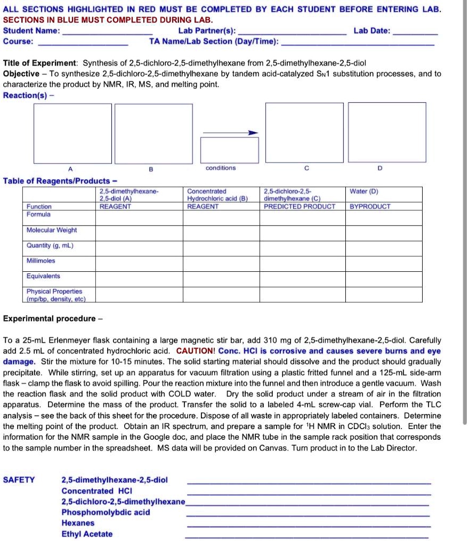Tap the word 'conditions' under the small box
coord(221,168)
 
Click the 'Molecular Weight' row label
coord(52,230)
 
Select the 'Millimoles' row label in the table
coord(41,261)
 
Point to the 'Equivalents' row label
coord(44,276)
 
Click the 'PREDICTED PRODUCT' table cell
coord(300,206)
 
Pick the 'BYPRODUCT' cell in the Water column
coord(370,206)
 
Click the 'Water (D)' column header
coord(364,191)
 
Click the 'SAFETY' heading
coord(19,480)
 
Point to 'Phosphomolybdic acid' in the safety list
coord(106,512)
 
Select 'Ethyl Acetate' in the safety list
coord(87,534)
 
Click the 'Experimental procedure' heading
coord(49,319)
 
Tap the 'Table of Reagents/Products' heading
coord(60,181)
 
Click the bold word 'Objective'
coord(21,74)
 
